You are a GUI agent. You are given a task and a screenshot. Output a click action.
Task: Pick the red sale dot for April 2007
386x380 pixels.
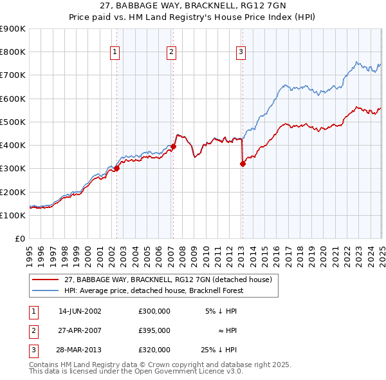pos(174,147)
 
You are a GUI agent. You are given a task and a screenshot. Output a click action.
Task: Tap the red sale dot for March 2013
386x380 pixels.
pos(243,164)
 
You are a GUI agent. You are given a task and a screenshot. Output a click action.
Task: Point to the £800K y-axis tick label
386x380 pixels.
pos(12,52)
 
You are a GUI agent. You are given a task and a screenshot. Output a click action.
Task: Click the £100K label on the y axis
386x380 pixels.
pos(12,215)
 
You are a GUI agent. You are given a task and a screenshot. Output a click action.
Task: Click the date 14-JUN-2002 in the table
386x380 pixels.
pos(80,311)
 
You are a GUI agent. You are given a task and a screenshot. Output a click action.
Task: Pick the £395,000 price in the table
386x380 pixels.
pos(154,330)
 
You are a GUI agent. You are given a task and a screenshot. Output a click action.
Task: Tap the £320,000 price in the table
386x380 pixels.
pos(154,350)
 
